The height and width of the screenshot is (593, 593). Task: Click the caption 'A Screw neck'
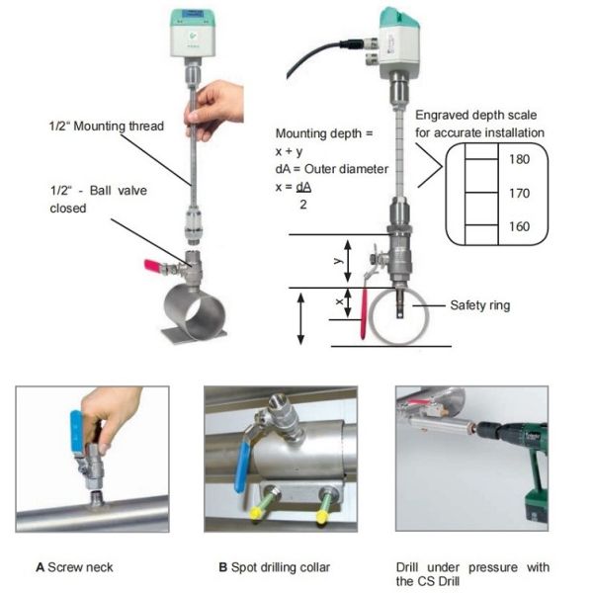(x=75, y=567)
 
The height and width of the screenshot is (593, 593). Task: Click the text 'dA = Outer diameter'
(x=331, y=169)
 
